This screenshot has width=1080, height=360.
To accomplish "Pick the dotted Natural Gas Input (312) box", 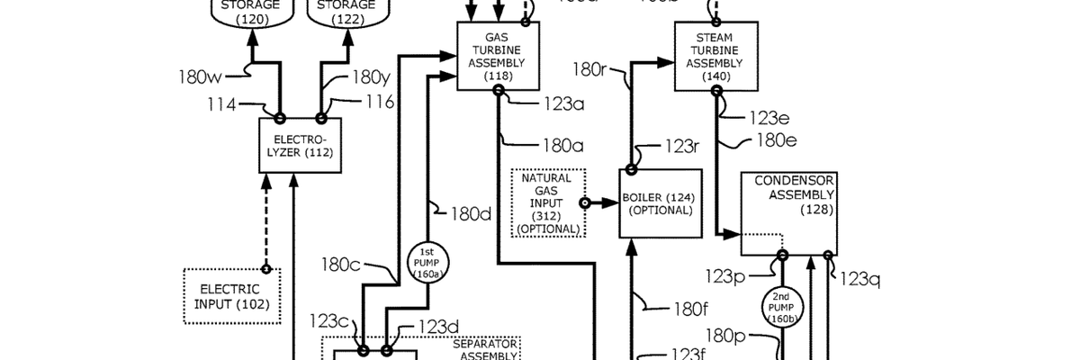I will pyautogui.click(x=546, y=202).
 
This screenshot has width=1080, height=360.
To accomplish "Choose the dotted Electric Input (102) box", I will pyautogui.click(x=231, y=297).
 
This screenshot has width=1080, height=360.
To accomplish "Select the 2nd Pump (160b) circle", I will pyautogui.click(x=782, y=307).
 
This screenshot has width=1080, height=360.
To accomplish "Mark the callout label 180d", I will pyautogui.click(x=470, y=213).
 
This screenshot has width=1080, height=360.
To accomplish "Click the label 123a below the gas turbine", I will pyautogui.click(x=563, y=103).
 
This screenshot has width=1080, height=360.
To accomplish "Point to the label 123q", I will pyautogui.click(x=859, y=279).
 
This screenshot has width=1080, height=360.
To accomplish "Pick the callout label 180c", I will pyautogui.click(x=341, y=265).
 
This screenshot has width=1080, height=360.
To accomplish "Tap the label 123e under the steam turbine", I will pyautogui.click(x=771, y=117).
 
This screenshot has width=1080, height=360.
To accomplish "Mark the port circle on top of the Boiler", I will pyautogui.click(x=631, y=168).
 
